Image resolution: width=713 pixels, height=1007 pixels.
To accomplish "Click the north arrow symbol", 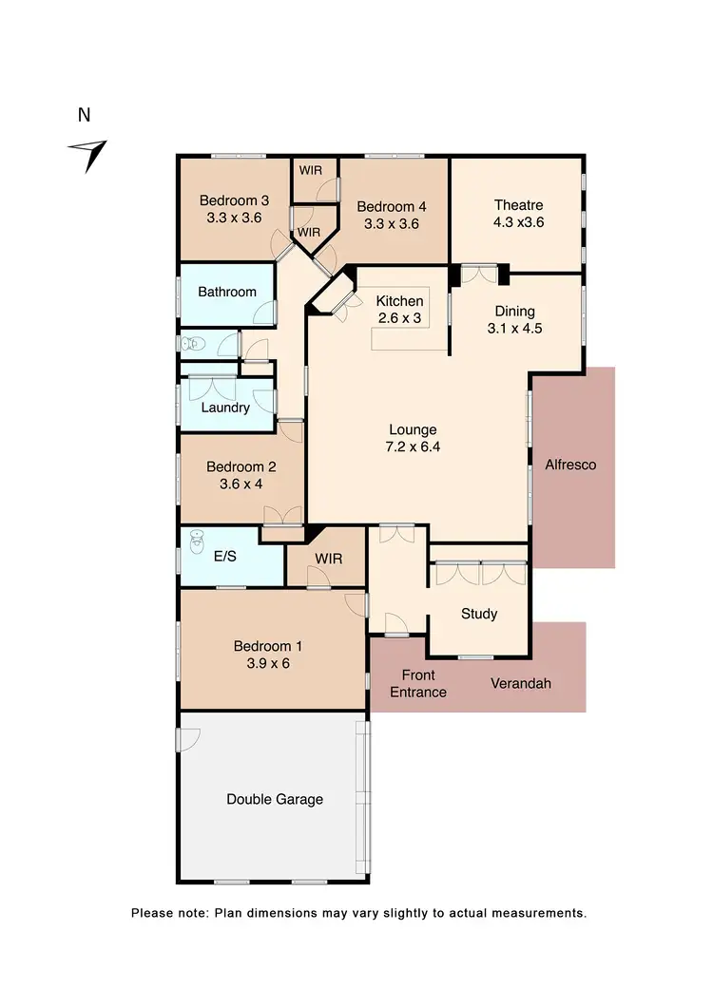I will click(x=89, y=154).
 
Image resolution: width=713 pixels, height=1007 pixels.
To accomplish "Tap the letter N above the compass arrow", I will click(x=85, y=116).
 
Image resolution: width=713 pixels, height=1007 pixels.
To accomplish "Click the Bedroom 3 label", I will click(x=234, y=200).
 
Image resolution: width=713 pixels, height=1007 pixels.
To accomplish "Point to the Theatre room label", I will click(x=518, y=205).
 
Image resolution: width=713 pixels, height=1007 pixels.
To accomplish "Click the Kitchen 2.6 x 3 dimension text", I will click(x=399, y=318).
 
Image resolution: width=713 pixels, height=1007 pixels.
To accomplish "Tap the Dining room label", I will click(x=514, y=312).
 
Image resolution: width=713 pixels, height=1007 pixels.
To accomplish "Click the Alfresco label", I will click(x=570, y=465).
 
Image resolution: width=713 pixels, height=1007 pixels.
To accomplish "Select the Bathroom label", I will click(x=227, y=292).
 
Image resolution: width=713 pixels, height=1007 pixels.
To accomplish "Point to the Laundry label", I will click(x=226, y=408).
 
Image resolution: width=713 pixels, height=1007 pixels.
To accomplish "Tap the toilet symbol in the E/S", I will click(x=197, y=541).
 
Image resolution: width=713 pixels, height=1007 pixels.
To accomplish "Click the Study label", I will click(x=479, y=614).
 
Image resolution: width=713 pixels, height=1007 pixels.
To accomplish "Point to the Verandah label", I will click(x=520, y=683).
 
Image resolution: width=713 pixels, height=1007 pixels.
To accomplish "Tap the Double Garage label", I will click(x=275, y=799).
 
